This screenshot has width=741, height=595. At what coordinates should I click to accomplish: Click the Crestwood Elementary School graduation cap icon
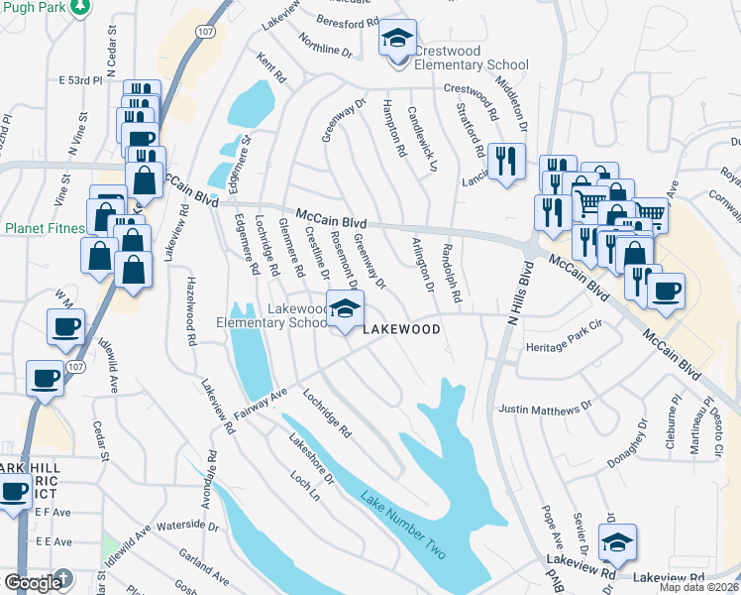pyautogui.click(x=398, y=41)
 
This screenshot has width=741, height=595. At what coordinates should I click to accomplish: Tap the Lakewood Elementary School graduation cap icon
pyautogui.click(x=345, y=308)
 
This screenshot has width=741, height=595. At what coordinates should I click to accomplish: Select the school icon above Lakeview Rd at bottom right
pyautogui.click(x=618, y=542)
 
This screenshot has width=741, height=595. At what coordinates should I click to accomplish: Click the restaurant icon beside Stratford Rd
pyautogui.click(x=507, y=160)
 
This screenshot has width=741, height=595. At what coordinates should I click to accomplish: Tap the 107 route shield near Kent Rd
pyautogui.click(x=204, y=32)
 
